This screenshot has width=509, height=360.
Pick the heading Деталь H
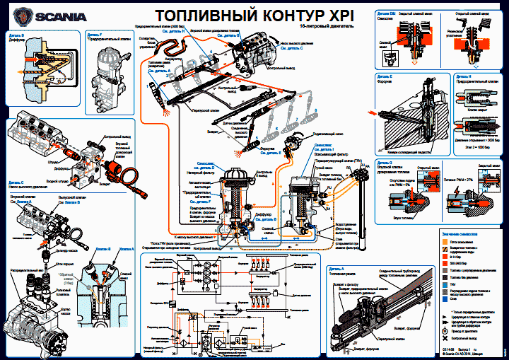point(457,74)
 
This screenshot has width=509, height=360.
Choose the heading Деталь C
point(17,123)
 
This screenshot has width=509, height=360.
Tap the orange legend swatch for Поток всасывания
point(444,240)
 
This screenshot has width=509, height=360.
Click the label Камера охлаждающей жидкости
point(403,152)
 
